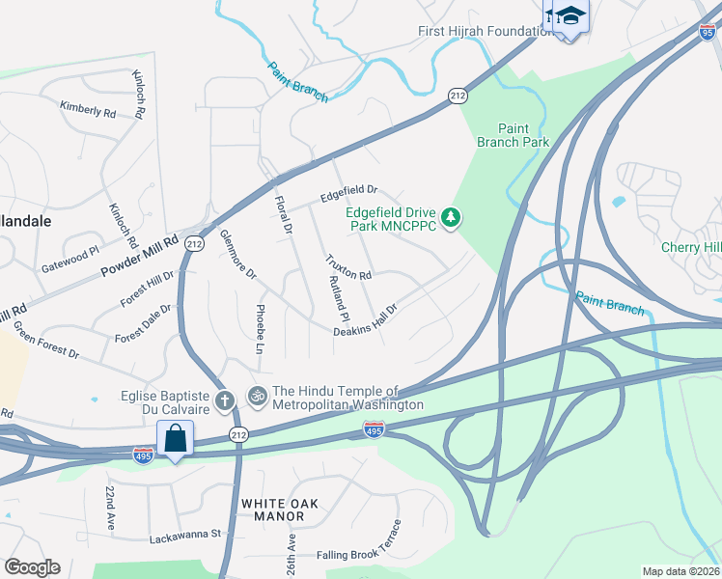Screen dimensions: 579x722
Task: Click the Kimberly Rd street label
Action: (x=88, y=110)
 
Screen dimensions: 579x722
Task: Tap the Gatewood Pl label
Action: (x=69, y=258)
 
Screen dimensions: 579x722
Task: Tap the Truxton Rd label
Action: (x=348, y=267)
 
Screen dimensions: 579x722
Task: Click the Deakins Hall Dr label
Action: (x=366, y=318)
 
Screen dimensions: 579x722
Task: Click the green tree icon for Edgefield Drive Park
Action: (x=450, y=219)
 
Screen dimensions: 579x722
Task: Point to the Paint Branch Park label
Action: (x=513, y=135)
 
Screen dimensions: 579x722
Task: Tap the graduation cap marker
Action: (x=570, y=14)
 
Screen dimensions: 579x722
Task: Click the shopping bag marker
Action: (x=175, y=438)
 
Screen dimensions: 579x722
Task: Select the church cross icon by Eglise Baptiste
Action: (x=224, y=400)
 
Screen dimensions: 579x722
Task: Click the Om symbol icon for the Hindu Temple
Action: (x=258, y=395)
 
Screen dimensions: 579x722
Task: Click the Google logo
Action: (x=32, y=567)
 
